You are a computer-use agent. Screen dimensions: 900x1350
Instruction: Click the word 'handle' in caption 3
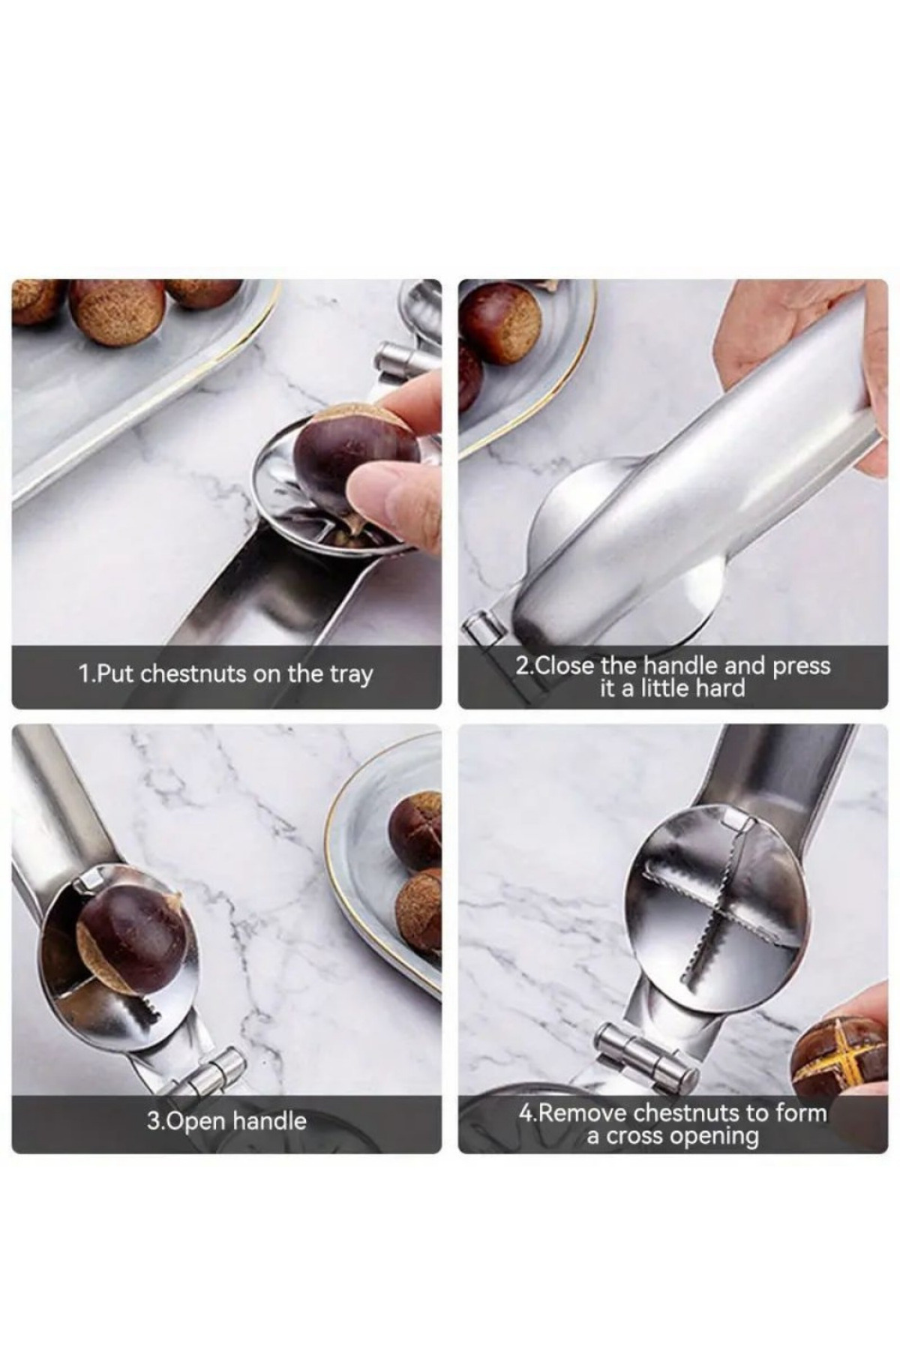(x=269, y=1121)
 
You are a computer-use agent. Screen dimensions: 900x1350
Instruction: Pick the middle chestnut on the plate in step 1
(x=117, y=312)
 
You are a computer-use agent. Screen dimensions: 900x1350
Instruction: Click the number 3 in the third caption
(x=152, y=1121)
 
